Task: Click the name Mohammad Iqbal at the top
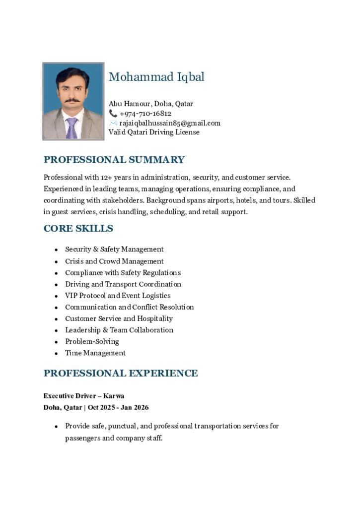(x=156, y=77)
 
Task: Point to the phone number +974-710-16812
(x=145, y=114)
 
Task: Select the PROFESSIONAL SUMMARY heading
(x=114, y=160)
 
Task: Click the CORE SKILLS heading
(x=78, y=229)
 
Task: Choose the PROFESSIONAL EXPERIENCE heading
(x=121, y=373)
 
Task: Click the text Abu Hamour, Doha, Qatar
(x=150, y=104)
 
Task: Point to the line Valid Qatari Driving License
(x=154, y=132)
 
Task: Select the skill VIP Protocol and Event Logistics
(x=118, y=296)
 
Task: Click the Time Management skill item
(x=95, y=353)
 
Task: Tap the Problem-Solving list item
(x=92, y=342)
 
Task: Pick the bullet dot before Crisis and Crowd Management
(x=57, y=262)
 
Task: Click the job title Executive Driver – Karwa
(x=83, y=396)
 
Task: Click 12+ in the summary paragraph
(x=106, y=177)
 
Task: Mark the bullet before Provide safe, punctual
(x=57, y=427)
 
